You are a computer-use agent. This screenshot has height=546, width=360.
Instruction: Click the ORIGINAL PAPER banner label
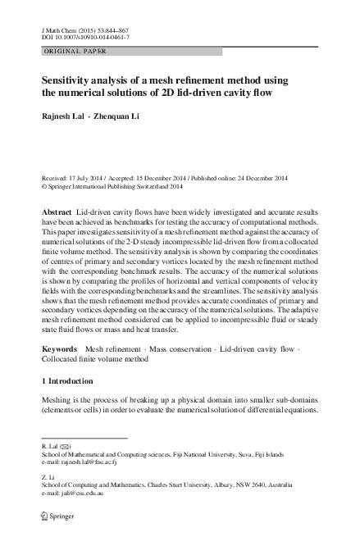[x=71, y=51]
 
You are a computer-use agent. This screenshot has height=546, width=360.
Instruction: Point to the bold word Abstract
[x=57, y=212]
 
